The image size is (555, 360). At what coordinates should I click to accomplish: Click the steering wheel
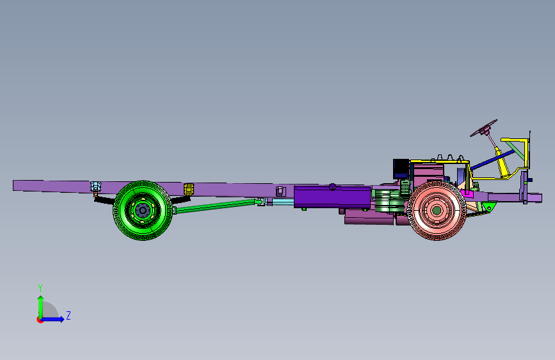[x=483, y=128]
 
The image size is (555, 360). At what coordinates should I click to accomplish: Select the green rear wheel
[x=143, y=211]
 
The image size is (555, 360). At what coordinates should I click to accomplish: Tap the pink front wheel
[x=437, y=211]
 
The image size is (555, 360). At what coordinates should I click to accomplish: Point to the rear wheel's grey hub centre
[x=143, y=211]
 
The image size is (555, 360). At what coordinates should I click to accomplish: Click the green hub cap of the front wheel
[x=437, y=211]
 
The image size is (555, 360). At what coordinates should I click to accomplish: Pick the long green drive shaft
[x=216, y=206]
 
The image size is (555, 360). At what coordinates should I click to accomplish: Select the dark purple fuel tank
[x=332, y=197]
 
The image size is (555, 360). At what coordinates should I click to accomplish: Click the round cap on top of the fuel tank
[x=332, y=186]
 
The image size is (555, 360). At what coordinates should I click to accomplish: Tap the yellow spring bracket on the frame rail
[x=189, y=189]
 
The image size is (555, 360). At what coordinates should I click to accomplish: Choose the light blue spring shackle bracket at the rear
[x=95, y=186]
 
